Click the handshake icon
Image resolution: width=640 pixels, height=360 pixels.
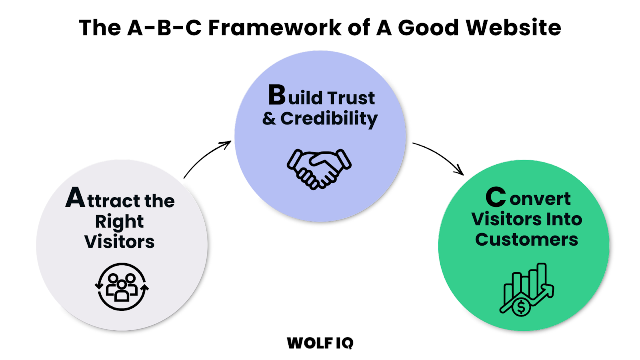319,168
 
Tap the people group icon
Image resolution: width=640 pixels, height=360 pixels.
122,287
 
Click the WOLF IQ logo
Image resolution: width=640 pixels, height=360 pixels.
320,343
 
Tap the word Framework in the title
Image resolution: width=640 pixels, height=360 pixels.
274,28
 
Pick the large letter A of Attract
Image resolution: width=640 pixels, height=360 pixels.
75,197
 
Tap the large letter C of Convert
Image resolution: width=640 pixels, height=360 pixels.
496,197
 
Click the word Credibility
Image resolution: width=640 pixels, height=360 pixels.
329,119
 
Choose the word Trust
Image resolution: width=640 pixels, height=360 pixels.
351,98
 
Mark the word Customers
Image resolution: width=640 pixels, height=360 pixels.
526,240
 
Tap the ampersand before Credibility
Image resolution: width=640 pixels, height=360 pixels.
269,119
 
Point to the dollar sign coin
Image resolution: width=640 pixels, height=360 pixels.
521,307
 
